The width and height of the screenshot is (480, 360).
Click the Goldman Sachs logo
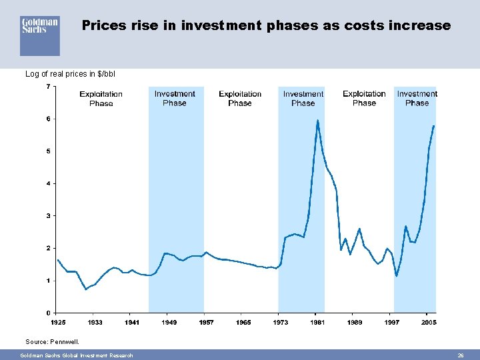click(x=40, y=35)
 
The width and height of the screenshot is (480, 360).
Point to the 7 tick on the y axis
click(x=48, y=87)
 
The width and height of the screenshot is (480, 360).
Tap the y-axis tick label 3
click(x=48, y=215)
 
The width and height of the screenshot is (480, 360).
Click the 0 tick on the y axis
click(x=48, y=313)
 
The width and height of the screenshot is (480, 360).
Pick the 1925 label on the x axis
click(x=57, y=323)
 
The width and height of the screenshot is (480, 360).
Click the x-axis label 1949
click(x=169, y=323)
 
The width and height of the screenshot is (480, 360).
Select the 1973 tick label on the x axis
click(x=281, y=323)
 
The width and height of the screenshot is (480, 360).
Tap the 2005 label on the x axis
click(x=429, y=323)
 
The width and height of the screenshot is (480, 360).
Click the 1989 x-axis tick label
click(x=355, y=323)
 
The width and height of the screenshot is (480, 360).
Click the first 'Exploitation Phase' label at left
click(x=101, y=99)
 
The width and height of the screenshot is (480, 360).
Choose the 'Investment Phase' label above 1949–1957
click(x=175, y=98)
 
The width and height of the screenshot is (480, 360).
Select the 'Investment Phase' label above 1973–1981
click(x=303, y=98)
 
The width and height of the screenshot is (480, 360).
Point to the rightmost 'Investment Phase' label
click(x=417, y=98)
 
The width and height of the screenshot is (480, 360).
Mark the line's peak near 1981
click(x=318, y=121)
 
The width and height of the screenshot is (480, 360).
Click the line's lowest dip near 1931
click(x=85, y=289)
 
